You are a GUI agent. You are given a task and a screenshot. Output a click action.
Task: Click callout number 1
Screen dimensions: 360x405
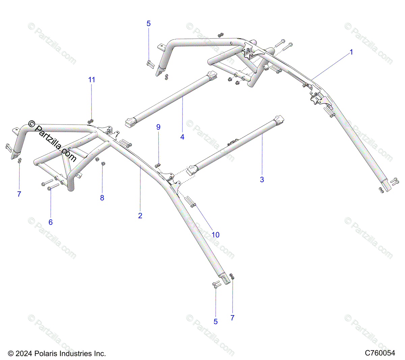351,52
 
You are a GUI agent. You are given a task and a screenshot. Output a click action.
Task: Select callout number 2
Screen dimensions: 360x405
140,216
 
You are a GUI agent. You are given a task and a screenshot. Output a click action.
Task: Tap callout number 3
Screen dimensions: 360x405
262,180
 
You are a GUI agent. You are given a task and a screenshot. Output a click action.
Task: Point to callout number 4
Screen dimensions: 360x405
182,137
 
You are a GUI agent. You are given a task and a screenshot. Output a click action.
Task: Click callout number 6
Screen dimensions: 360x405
51,222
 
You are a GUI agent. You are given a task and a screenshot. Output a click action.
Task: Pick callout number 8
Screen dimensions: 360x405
102,198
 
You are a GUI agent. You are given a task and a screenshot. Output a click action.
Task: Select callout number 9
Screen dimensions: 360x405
158,127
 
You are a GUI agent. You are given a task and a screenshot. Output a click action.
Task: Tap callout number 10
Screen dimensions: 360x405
215,235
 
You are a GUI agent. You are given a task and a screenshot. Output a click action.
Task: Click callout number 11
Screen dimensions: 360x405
91,80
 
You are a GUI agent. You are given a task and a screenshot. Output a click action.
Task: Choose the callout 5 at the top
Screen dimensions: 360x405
148,24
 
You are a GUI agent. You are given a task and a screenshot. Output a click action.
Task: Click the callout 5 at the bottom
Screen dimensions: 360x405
216,322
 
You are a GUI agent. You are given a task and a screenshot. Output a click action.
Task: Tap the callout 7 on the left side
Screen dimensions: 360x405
19,194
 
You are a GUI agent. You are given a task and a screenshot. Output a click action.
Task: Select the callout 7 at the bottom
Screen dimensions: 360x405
232,318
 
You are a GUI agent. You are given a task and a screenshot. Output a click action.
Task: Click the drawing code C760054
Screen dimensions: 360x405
380,353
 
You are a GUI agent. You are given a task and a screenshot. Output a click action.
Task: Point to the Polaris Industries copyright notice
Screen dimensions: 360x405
57,354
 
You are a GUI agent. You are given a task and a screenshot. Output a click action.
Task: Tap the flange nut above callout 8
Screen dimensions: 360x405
103,163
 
